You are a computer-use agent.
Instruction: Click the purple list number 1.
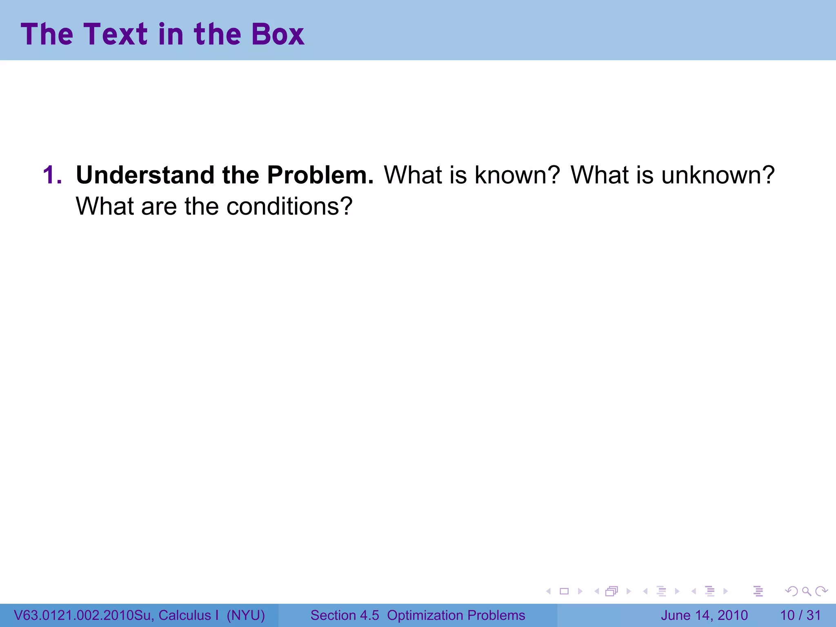point(52,175)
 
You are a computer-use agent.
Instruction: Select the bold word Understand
point(145,175)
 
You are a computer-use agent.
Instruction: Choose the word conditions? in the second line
point(289,206)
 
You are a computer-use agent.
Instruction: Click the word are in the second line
point(159,206)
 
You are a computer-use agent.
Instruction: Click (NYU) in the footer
point(246,615)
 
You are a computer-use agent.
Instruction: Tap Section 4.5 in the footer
point(345,615)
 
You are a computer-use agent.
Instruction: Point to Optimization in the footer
point(425,615)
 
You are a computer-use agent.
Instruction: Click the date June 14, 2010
point(704,615)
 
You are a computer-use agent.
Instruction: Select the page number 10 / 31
point(800,615)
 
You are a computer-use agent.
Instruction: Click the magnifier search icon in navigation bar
point(806,591)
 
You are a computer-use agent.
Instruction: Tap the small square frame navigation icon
point(564,591)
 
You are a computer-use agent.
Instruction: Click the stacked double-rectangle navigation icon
point(611,591)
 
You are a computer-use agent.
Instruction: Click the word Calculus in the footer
point(185,615)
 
